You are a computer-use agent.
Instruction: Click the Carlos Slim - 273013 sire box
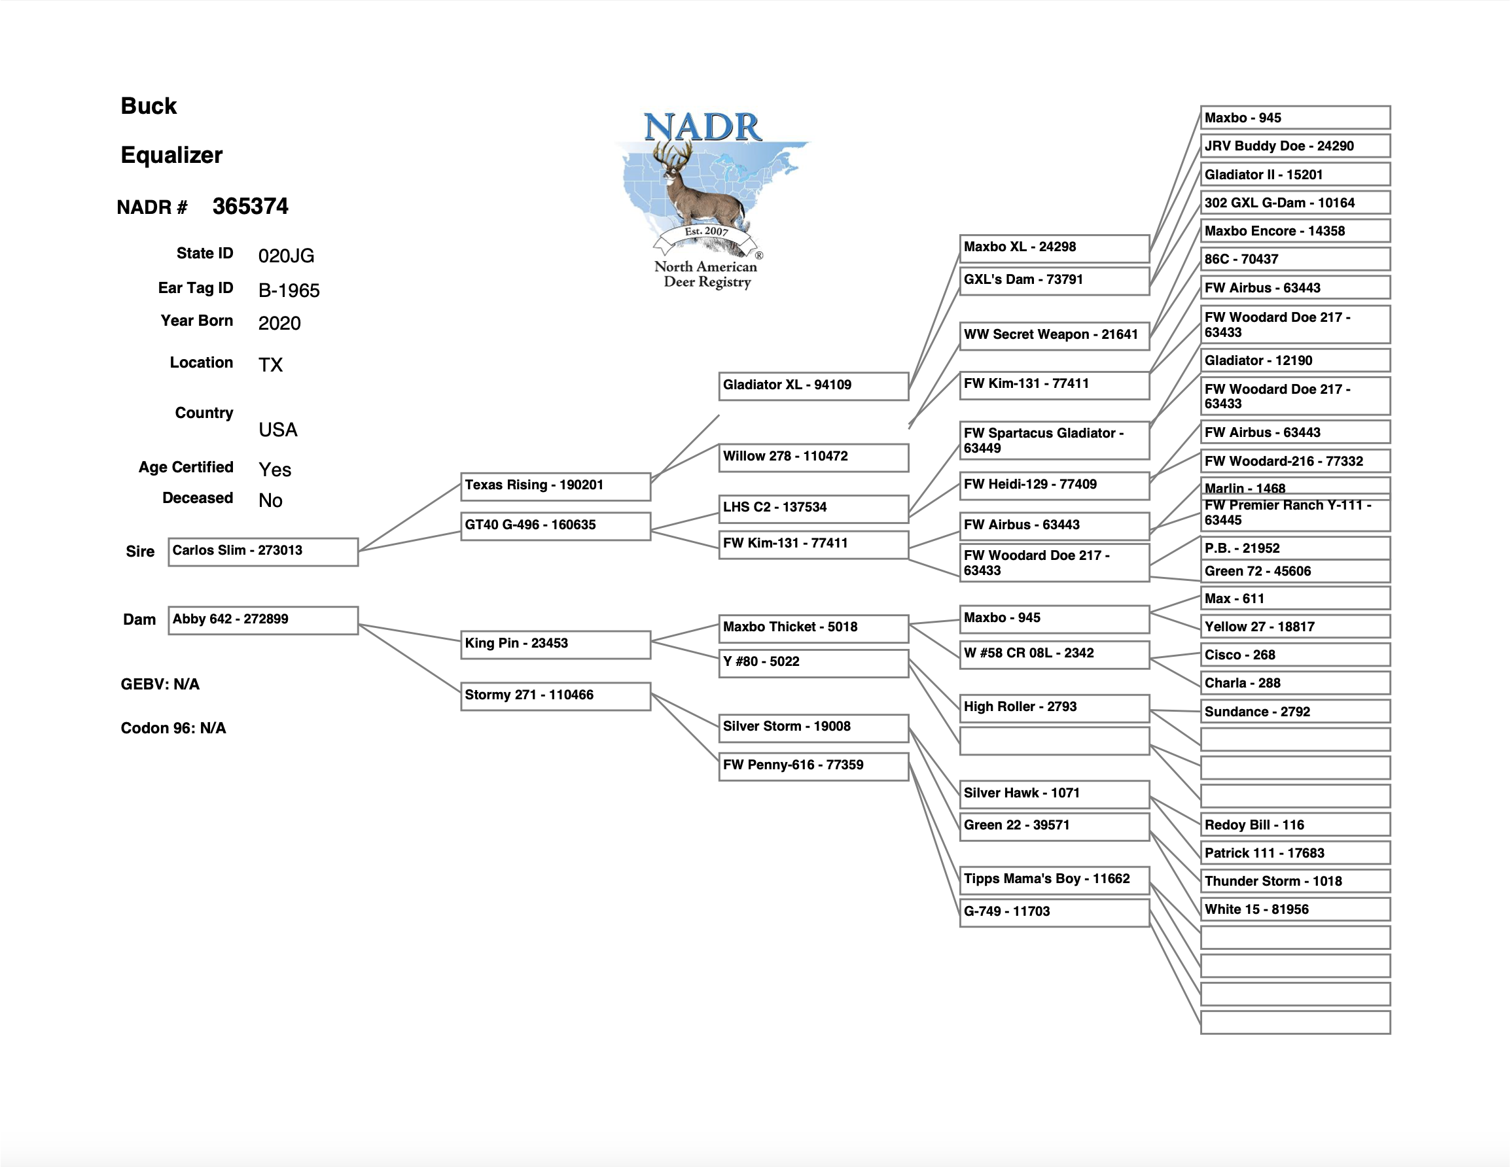tap(263, 551)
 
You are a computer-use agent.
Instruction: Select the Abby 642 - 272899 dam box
tap(263, 620)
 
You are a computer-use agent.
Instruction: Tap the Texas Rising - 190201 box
tap(556, 485)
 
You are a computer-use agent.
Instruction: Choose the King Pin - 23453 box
tap(556, 644)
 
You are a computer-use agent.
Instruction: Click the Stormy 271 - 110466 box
tap(556, 696)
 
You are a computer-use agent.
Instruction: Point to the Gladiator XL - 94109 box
tap(813, 386)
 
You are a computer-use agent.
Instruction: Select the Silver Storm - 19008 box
tap(813, 727)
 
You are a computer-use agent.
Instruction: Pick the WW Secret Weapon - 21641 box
tap(1054, 336)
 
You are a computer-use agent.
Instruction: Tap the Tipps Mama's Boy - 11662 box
tap(1054, 879)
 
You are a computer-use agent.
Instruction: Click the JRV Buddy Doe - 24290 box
tap(1295, 146)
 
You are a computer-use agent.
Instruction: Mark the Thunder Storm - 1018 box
tap(1295, 881)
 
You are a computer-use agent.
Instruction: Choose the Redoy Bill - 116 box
tap(1295, 825)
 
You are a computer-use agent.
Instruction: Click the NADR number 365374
tap(251, 206)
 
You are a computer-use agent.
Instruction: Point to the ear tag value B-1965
tap(289, 290)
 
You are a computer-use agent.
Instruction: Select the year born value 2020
tap(279, 323)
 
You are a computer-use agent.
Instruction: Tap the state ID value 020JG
tap(287, 256)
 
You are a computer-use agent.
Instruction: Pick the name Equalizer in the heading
tap(171, 155)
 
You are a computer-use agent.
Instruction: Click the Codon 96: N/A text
tap(173, 727)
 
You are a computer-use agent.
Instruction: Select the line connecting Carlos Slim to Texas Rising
tap(410, 517)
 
